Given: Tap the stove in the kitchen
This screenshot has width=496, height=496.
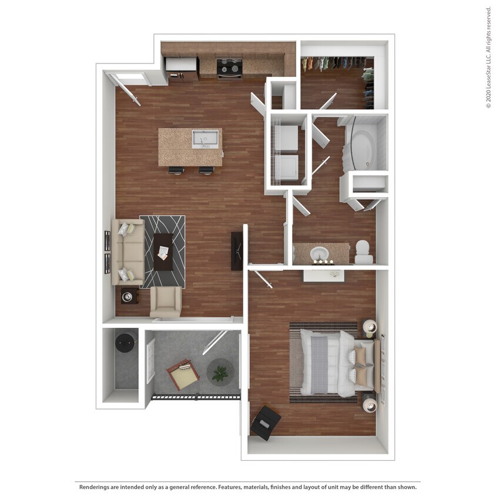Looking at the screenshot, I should click(x=230, y=68).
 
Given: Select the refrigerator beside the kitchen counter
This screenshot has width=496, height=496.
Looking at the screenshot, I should click(x=181, y=69).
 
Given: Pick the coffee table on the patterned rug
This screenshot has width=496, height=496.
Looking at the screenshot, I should click(x=163, y=252).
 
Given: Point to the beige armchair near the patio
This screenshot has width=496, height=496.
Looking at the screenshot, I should click(x=166, y=301).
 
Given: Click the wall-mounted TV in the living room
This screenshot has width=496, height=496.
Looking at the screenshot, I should click(x=237, y=251).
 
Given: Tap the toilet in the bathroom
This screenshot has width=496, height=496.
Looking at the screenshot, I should click(x=363, y=252).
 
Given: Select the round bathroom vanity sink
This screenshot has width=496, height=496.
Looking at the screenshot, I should click(x=320, y=254).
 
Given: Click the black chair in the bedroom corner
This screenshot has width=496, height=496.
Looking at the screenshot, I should click(x=266, y=422).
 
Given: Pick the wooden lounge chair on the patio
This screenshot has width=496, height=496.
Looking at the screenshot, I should click(x=184, y=374).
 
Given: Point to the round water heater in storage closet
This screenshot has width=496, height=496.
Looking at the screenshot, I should click(x=125, y=343).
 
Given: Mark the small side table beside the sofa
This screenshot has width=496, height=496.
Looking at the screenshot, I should click(x=129, y=295).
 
